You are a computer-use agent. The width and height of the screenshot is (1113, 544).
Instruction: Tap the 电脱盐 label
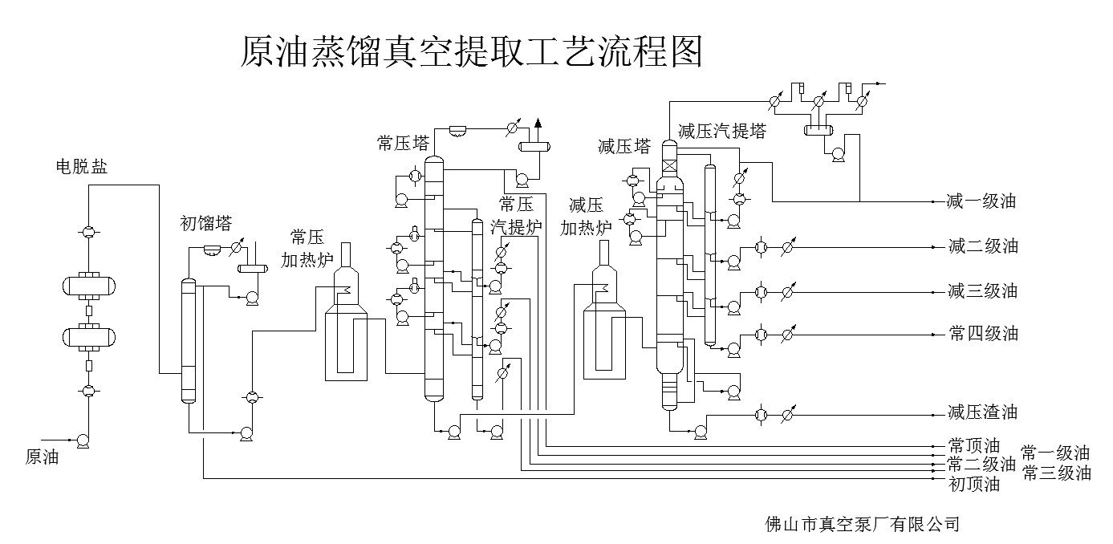coord(81,168)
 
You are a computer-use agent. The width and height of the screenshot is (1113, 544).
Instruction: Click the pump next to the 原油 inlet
coord(82,440)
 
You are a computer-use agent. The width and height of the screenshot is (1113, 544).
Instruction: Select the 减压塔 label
coord(624,147)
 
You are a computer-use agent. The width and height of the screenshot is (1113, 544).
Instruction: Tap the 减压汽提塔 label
coord(721,132)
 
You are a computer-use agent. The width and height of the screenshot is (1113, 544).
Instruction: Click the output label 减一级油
coord(981,201)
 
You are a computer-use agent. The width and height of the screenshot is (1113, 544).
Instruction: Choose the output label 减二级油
coord(982,246)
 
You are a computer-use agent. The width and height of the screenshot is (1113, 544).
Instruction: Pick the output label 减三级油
coord(982,290)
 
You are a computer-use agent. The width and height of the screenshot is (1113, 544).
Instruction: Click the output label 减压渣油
coord(981,412)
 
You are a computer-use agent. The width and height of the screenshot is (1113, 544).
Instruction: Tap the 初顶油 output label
coord(973,484)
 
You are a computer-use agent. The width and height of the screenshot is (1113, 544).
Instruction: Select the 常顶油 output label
coord(973,445)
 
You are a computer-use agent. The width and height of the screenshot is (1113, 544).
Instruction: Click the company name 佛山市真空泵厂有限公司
coord(863,525)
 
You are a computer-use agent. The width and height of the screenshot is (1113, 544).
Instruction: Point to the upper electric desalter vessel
coord(89,286)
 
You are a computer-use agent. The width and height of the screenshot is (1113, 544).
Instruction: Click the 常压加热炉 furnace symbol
coord(346,321)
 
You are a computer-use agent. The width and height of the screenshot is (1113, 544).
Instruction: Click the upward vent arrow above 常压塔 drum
coord(538,123)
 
